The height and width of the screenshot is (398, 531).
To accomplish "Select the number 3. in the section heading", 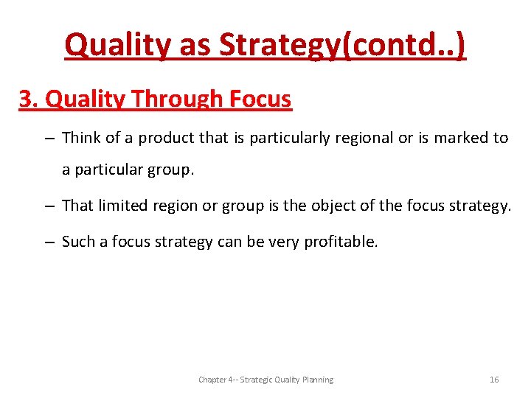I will coord(29,99).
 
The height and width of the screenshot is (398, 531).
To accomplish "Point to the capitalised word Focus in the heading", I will coord(260,99).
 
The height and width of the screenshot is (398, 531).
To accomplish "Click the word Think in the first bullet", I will coord(81,138).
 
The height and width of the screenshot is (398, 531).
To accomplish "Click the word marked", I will coord(463,138).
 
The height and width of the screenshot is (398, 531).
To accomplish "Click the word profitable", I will coord(342,241).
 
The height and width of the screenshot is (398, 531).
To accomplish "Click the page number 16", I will coord(494,380).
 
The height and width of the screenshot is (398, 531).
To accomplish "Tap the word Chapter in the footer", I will coord(213,380).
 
